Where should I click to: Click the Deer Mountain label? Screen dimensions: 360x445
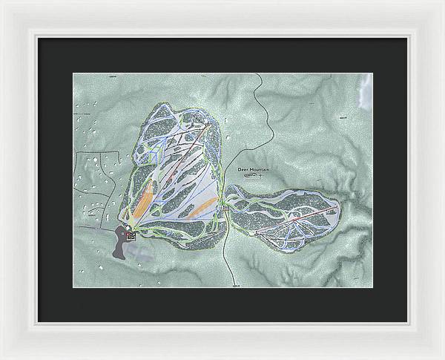click(253, 170)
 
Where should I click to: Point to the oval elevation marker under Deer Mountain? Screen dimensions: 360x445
click(252, 177)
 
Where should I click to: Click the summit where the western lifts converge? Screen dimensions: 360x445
click(207, 126)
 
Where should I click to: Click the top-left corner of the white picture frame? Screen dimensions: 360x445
click(2, 2)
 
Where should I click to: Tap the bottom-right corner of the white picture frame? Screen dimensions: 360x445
click(442, 357)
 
